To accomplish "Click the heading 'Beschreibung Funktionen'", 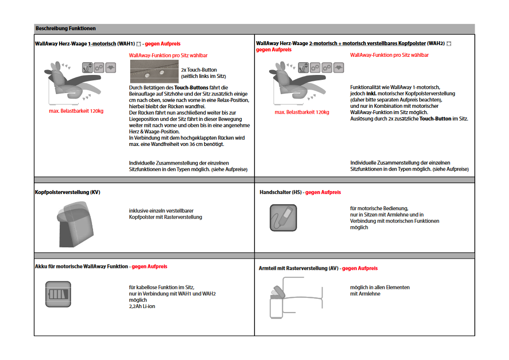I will [x=66, y=28].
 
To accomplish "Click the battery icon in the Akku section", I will [x=58, y=293].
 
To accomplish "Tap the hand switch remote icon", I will [x=283, y=217].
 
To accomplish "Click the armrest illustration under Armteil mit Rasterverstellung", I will [x=296, y=297].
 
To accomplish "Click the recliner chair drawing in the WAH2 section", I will [x=289, y=81].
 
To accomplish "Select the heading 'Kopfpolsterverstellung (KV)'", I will [x=68, y=192].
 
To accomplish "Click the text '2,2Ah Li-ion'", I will [x=142, y=306].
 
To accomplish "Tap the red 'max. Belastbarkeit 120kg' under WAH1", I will [x=76, y=111].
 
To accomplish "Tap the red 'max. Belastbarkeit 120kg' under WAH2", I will [x=302, y=112].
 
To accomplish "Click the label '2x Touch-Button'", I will [x=199, y=70].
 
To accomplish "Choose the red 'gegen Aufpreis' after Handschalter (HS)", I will [x=323, y=192].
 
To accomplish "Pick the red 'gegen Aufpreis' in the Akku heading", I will [x=149, y=266].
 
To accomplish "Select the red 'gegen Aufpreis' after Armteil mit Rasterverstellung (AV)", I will [x=360, y=268].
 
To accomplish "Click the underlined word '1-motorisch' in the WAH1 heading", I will [x=102, y=44].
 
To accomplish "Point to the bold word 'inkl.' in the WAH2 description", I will [x=371, y=93].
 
